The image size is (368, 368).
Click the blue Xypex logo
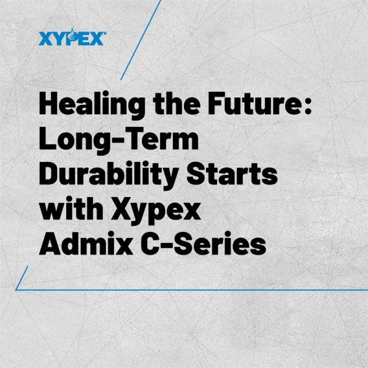[72, 38]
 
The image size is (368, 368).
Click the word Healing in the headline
[92, 105]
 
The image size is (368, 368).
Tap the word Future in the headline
[254, 103]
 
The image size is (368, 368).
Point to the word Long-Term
[119, 140]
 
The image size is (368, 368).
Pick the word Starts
[232, 174]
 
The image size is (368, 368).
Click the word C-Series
[203, 243]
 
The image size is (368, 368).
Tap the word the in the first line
[177, 103]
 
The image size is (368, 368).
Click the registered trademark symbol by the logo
[105, 33]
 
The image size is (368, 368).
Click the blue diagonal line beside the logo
[141, 40]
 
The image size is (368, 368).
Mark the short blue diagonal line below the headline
[21, 278]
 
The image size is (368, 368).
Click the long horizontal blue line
[191, 290]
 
